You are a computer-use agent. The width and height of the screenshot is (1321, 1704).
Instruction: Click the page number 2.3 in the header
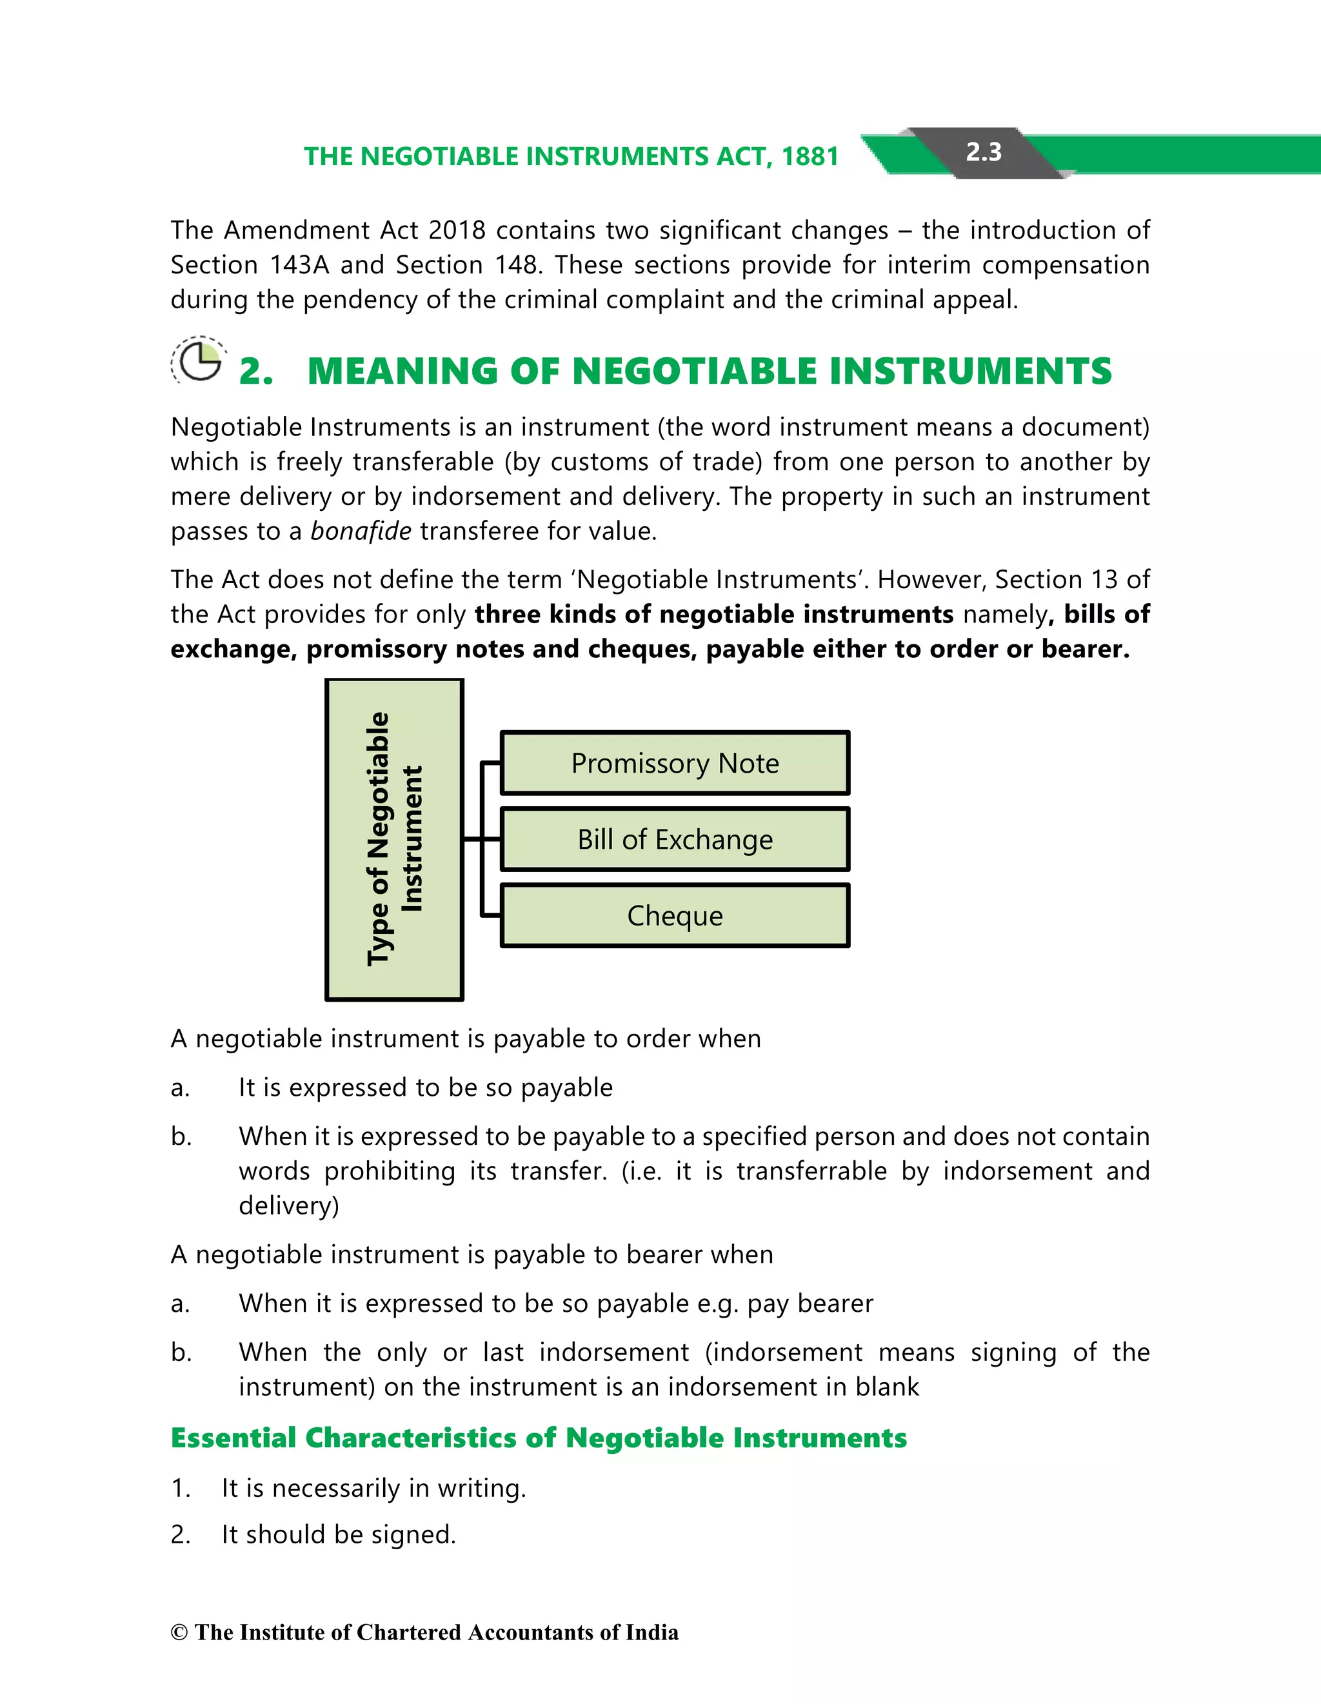(x=983, y=152)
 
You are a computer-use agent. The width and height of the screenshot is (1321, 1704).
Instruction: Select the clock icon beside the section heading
(x=198, y=361)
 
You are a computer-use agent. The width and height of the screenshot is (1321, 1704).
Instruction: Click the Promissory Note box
(x=674, y=763)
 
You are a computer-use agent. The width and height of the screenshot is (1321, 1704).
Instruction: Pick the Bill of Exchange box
(x=674, y=840)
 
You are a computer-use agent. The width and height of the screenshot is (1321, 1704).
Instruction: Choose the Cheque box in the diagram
(x=674, y=915)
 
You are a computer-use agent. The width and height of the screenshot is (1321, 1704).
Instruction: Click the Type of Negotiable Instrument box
(x=394, y=840)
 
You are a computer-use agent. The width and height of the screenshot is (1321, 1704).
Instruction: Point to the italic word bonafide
(x=361, y=531)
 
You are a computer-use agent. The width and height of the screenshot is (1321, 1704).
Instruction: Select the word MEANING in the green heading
(x=402, y=372)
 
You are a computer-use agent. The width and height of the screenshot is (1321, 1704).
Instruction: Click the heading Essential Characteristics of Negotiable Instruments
(x=539, y=1438)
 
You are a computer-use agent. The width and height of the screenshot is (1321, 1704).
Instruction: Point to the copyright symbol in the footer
(x=179, y=1633)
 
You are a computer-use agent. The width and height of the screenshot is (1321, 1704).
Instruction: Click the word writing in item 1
(x=481, y=1489)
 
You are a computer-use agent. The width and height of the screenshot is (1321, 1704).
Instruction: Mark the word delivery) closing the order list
(x=289, y=1206)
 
